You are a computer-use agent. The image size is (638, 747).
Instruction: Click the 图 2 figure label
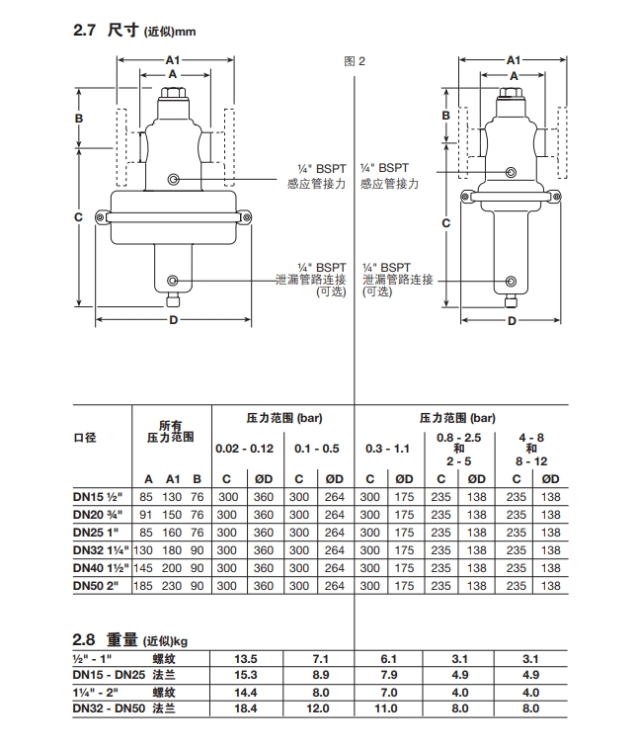pos(354,60)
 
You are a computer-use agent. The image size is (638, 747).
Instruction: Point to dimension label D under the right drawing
pos(513,320)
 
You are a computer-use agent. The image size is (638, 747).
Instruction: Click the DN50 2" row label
pos(96,585)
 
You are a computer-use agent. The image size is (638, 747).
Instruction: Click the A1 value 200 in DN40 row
pos(173,568)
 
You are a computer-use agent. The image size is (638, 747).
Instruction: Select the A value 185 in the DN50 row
pos(146,585)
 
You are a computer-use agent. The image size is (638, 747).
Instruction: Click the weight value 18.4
pos(245,708)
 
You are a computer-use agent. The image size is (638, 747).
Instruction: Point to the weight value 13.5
pos(245,658)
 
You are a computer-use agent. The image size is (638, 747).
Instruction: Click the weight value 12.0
pos(316,708)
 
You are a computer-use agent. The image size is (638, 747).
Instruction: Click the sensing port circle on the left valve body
pos(174,180)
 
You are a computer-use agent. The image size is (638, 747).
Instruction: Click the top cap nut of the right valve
pos(513,96)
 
